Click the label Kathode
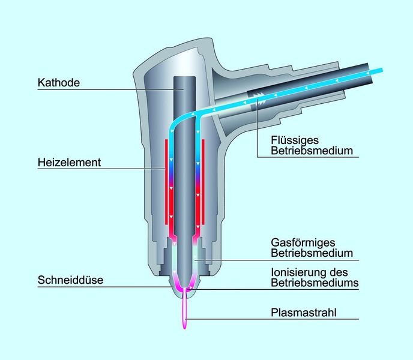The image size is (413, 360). click(58, 82)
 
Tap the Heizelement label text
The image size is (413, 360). click(69, 162)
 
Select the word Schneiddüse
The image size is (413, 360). click(70, 280)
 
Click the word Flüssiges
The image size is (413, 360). click(295, 140)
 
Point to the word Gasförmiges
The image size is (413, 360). click(303, 243)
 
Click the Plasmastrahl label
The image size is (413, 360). click(304, 313)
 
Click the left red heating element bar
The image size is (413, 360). click(166, 182)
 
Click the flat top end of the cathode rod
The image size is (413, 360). click(184, 77)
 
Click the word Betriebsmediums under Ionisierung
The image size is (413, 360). click(315, 283)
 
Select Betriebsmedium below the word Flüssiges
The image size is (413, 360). click(312, 151)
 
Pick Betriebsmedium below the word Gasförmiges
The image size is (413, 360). click(312, 253)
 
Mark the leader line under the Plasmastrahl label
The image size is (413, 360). click(272, 319)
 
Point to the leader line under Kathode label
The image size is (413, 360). click(110, 89)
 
